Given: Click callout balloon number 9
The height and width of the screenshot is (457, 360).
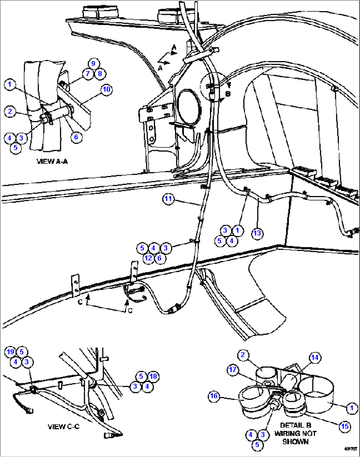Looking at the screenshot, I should pos(93,64).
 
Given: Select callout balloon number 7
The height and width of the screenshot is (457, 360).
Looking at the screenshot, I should pos(88,74).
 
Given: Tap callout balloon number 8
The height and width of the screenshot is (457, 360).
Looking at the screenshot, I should pos(100,74).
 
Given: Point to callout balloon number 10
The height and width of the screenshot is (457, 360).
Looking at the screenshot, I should pos(106,89).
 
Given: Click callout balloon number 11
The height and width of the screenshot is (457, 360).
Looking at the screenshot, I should pos(168,199).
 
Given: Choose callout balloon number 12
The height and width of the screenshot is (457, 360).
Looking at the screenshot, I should pos(148,258).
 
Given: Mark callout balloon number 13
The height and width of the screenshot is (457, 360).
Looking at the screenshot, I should pos(257,233).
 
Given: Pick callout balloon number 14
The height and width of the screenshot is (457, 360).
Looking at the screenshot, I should pos(315,358).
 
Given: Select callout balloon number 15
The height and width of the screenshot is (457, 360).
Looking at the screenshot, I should pos(345,426).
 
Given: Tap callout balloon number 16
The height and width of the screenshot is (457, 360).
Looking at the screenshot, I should pos(214,396).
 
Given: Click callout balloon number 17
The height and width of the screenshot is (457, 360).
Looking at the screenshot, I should pos(233,370).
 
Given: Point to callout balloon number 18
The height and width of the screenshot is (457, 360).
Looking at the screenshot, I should pos(153,376).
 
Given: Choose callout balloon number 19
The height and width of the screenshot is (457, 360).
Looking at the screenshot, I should pos(11,352).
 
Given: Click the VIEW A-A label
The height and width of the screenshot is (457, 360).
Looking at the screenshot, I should pos(52,161).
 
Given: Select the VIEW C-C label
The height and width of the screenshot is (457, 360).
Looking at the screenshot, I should pos(63,427).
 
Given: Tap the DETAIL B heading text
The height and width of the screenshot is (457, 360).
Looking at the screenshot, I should pos(295,425).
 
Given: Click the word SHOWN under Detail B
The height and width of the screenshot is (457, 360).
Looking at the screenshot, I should pos(295,442).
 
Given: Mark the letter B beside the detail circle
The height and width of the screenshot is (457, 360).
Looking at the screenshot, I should pos(228,94).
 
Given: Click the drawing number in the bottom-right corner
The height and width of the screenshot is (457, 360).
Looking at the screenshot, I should pos(350,449).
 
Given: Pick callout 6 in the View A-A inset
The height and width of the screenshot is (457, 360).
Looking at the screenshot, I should pos(76,137).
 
